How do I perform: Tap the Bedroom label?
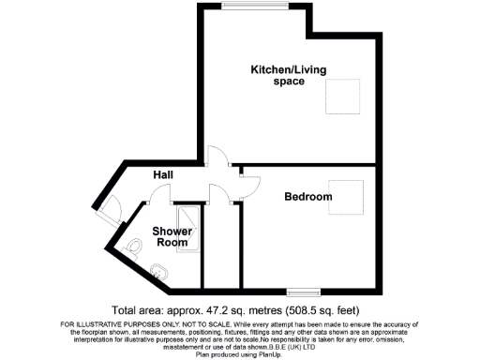pos(308,197)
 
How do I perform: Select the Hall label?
pos(165,175)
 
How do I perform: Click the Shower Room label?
pos(173,236)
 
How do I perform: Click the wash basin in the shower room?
pos(158,273)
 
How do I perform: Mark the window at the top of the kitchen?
pos(255,8)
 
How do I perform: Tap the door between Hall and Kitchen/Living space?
pos(217,157)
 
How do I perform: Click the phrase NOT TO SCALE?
pos(157,324)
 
